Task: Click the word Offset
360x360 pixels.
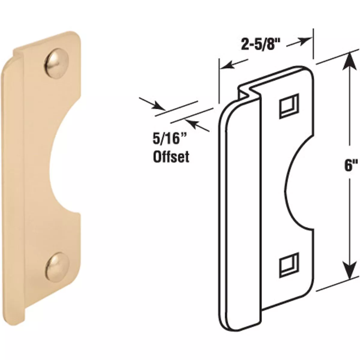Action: (x=171, y=157)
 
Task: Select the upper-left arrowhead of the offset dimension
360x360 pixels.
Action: (x=157, y=106)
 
